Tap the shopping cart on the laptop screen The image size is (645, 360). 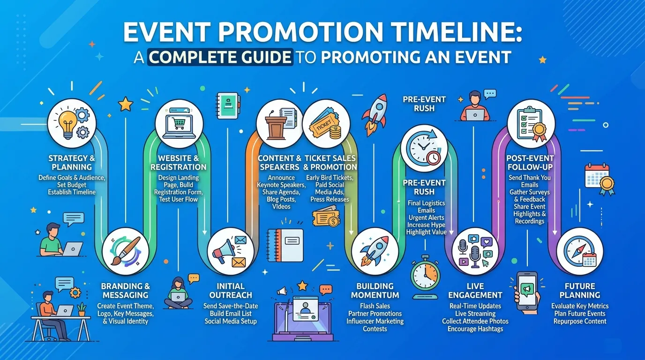[x=178, y=124]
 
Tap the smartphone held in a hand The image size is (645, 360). [x=527, y=291]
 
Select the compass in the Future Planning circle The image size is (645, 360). [x=577, y=251]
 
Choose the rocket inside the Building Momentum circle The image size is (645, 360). [x=375, y=250]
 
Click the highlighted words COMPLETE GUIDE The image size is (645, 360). [x=220, y=57]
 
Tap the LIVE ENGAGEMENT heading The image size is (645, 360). [x=475, y=291]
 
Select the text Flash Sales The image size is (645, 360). [x=375, y=306]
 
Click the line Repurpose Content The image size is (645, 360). [x=580, y=321]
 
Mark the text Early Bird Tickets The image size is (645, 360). [x=330, y=177]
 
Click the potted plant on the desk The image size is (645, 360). [x=82, y=309]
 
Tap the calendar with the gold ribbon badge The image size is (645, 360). [x=600, y=179]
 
